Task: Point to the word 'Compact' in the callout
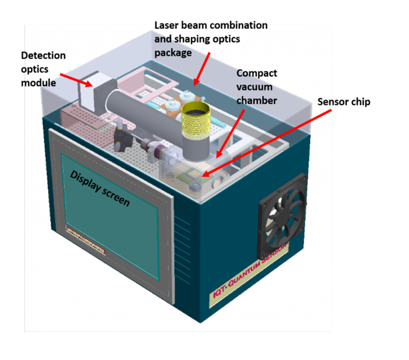click(x=256, y=75)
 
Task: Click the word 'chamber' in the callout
click(x=256, y=100)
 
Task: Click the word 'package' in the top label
click(x=175, y=52)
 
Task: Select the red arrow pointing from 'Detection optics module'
click(x=77, y=80)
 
